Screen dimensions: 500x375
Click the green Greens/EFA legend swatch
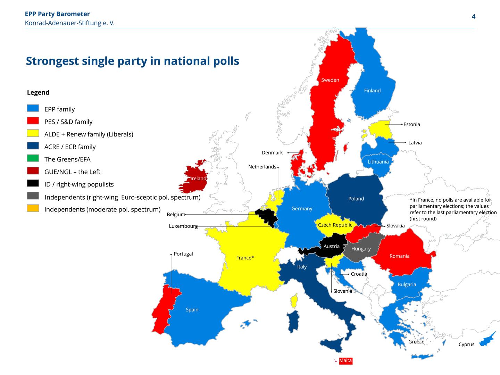[x=33, y=158]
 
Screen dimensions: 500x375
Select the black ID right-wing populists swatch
[x=33, y=183]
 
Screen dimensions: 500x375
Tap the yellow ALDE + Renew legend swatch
[x=33, y=133]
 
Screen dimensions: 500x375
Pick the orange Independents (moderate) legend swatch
[x=33, y=208]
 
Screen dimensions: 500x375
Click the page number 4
[x=473, y=17]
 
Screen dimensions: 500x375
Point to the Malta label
[x=345, y=360]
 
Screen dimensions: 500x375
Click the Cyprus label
[x=466, y=344]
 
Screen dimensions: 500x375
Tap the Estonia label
[x=411, y=124]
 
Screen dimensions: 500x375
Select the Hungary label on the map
[x=361, y=249]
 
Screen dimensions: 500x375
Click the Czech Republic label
[x=335, y=225]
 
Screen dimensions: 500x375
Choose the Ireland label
[x=198, y=178]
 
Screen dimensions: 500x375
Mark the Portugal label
[x=183, y=254]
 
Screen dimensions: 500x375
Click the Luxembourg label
[x=183, y=226]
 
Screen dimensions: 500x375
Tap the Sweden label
[x=330, y=80]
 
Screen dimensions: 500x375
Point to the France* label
[x=245, y=258]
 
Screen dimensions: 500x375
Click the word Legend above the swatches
[x=38, y=92]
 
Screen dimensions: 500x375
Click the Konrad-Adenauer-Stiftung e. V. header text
[x=70, y=23]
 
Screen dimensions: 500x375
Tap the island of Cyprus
[x=487, y=340]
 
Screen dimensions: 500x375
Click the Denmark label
[x=272, y=152]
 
